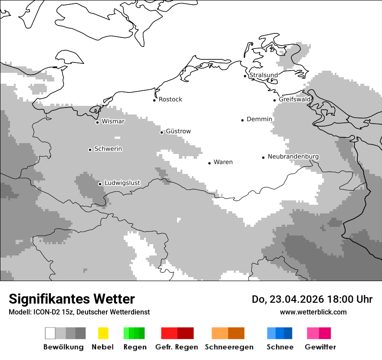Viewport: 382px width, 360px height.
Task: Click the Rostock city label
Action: coord(170,99)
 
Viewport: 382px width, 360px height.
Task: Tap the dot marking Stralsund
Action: coord(245,76)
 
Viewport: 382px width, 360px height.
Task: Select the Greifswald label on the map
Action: coord(295,99)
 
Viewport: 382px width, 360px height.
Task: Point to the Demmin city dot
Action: coord(243,120)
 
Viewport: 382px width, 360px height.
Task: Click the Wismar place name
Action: coord(113,121)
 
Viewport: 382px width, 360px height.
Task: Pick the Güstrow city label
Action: coord(178,131)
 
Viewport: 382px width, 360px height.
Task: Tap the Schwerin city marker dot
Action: coord(90,150)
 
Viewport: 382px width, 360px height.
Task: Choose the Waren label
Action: coord(223,162)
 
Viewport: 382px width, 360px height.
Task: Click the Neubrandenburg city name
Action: coord(293,157)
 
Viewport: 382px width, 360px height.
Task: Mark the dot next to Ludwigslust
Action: coord(100,184)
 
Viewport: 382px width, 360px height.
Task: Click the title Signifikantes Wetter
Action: coord(72,299)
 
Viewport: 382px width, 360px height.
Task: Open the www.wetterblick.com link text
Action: coord(313,312)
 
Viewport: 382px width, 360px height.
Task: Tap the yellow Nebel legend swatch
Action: coord(103,333)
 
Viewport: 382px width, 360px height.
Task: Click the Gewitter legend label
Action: coord(320,347)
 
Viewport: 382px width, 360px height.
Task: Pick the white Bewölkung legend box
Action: coord(50,333)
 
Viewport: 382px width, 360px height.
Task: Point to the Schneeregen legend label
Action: coord(229,347)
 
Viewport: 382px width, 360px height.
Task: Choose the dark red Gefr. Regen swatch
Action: coord(185,333)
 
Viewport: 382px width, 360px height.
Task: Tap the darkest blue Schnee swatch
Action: coord(288,333)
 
